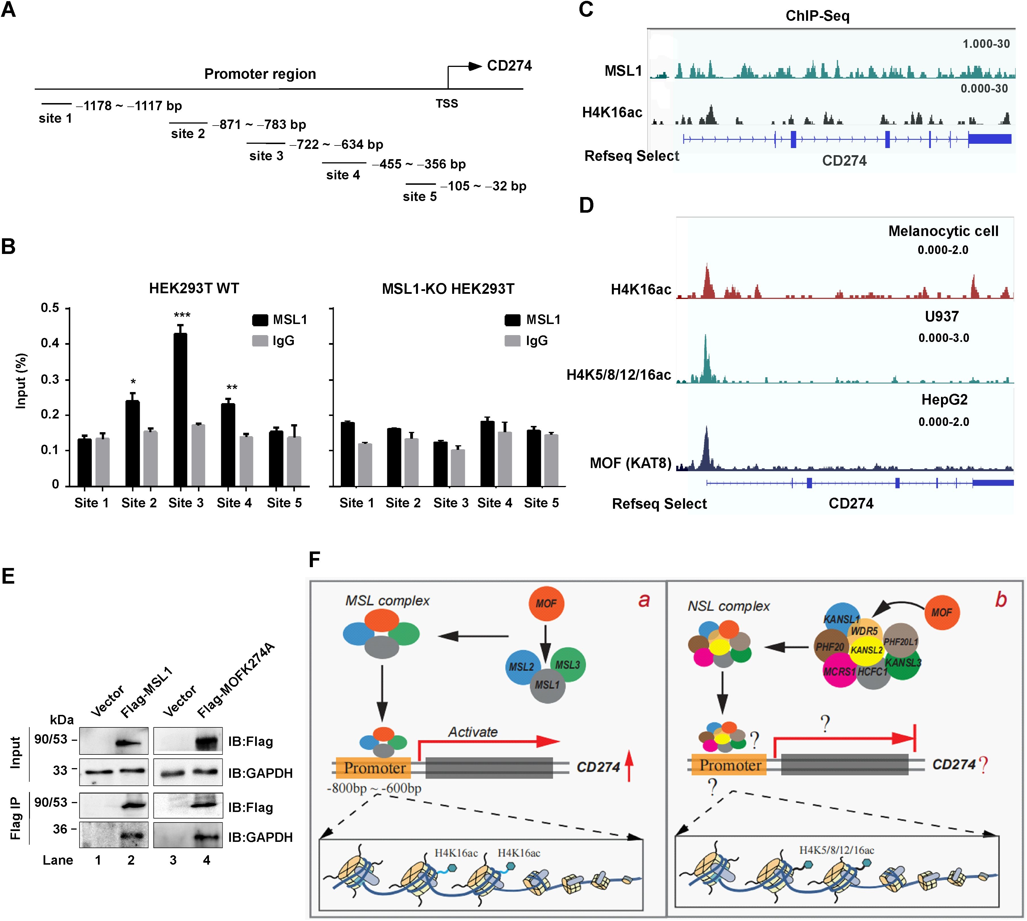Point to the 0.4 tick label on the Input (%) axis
tap(50, 344)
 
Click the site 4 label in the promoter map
tap(343, 175)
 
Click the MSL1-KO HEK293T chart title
tap(448, 289)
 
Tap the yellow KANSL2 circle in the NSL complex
tap(866, 650)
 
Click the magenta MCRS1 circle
tap(840, 672)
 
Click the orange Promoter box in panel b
tap(729, 765)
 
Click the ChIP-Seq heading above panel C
tap(817, 16)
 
